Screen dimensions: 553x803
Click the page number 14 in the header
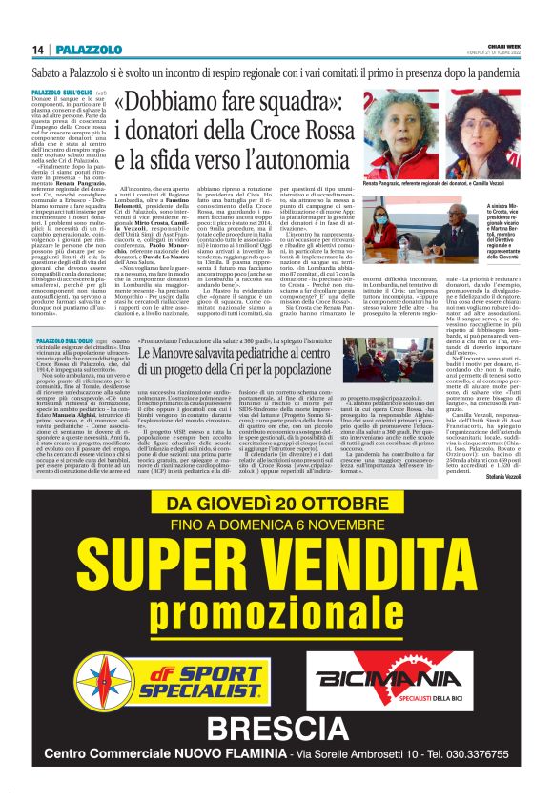(x=38, y=49)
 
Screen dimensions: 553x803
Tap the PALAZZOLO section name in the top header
(x=88, y=49)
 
